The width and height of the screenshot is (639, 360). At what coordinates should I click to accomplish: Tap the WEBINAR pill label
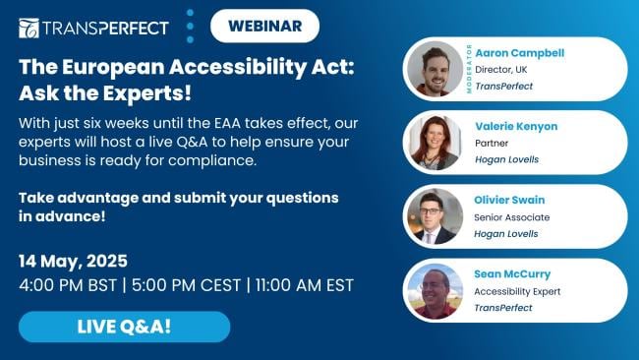[x=264, y=27]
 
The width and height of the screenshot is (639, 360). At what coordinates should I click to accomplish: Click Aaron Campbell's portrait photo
[x=435, y=70]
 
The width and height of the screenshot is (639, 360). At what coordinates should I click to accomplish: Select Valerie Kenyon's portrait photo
[x=435, y=143]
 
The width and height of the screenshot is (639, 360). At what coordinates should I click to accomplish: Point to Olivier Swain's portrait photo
[x=435, y=216]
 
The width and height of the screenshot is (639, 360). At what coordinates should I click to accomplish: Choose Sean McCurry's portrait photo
[x=435, y=290]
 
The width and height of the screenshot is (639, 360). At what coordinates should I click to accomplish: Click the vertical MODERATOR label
[x=469, y=70]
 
